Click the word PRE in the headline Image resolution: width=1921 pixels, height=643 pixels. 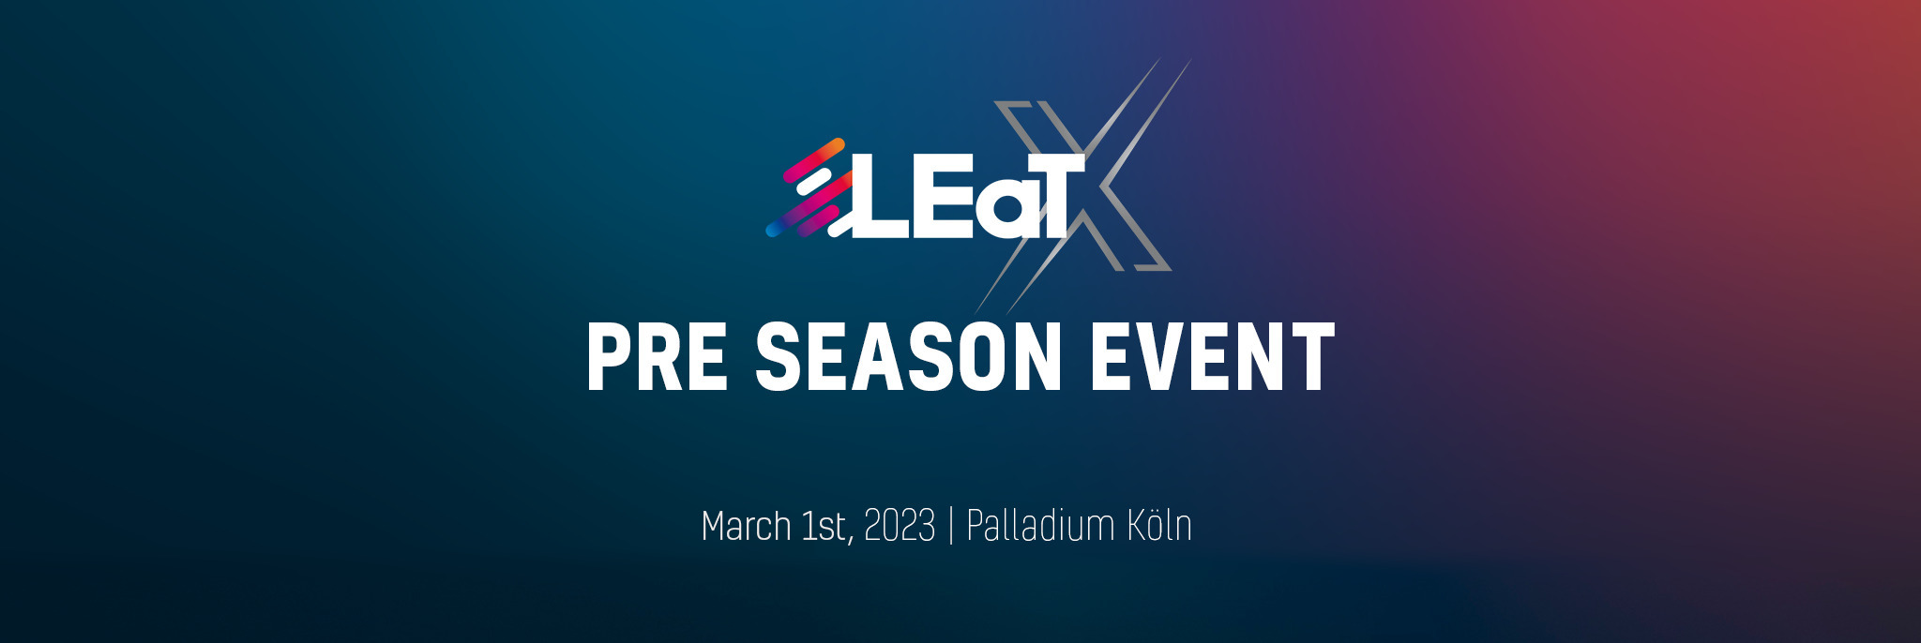pyautogui.click(x=657, y=356)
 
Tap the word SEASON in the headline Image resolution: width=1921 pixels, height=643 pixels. pyautogui.click(x=908, y=356)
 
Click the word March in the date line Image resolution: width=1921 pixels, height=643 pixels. pyautogui.click(x=746, y=526)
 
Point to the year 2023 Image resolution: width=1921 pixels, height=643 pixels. pyautogui.click(x=899, y=526)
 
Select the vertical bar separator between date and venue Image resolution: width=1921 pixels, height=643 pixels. pyautogui.click(x=951, y=526)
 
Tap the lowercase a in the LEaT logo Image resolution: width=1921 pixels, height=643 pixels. pyautogui.click(x=1000, y=210)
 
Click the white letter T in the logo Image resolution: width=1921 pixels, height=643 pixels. pyautogui.click(x=1055, y=196)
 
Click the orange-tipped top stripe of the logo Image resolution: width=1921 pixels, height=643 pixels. pyautogui.click(x=814, y=160)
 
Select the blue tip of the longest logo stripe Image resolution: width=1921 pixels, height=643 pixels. pyautogui.click(x=774, y=228)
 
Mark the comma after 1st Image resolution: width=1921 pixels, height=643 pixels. pyautogui.click(x=851, y=540)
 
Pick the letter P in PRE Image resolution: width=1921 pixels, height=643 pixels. pyautogui.click(x=610, y=356)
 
